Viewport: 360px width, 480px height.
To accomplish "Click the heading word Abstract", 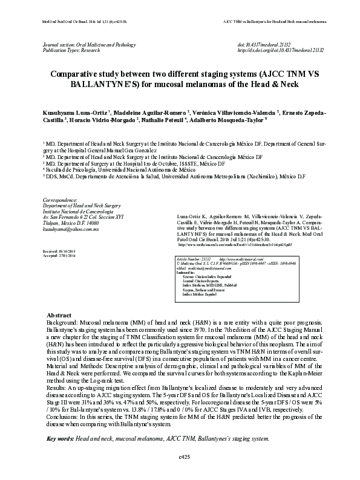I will [59, 316].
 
